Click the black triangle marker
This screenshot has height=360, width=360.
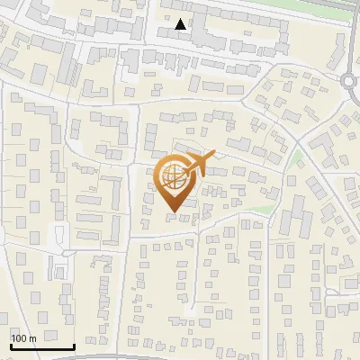tap(182, 24)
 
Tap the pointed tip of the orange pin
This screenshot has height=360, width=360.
tap(173, 212)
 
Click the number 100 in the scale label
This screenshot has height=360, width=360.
tap(19, 338)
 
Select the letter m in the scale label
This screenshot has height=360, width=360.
tap(31, 338)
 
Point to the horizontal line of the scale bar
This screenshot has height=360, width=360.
tap(42, 347)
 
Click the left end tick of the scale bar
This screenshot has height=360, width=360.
tap(11, 345)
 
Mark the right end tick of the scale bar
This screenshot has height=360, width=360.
tap(74, 345)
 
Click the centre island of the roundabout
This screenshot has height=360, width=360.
tap(352, 81)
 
